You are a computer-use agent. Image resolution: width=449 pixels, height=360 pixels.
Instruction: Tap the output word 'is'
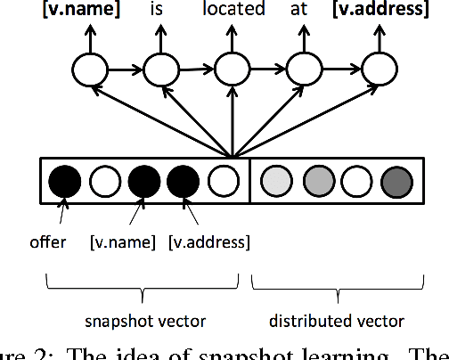pos(160,11)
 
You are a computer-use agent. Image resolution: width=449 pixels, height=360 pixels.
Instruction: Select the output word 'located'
pos(234,11)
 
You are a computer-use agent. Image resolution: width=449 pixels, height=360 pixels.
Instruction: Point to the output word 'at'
pos(306,11)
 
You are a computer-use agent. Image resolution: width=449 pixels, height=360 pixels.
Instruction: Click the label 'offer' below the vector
pos(47,242)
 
